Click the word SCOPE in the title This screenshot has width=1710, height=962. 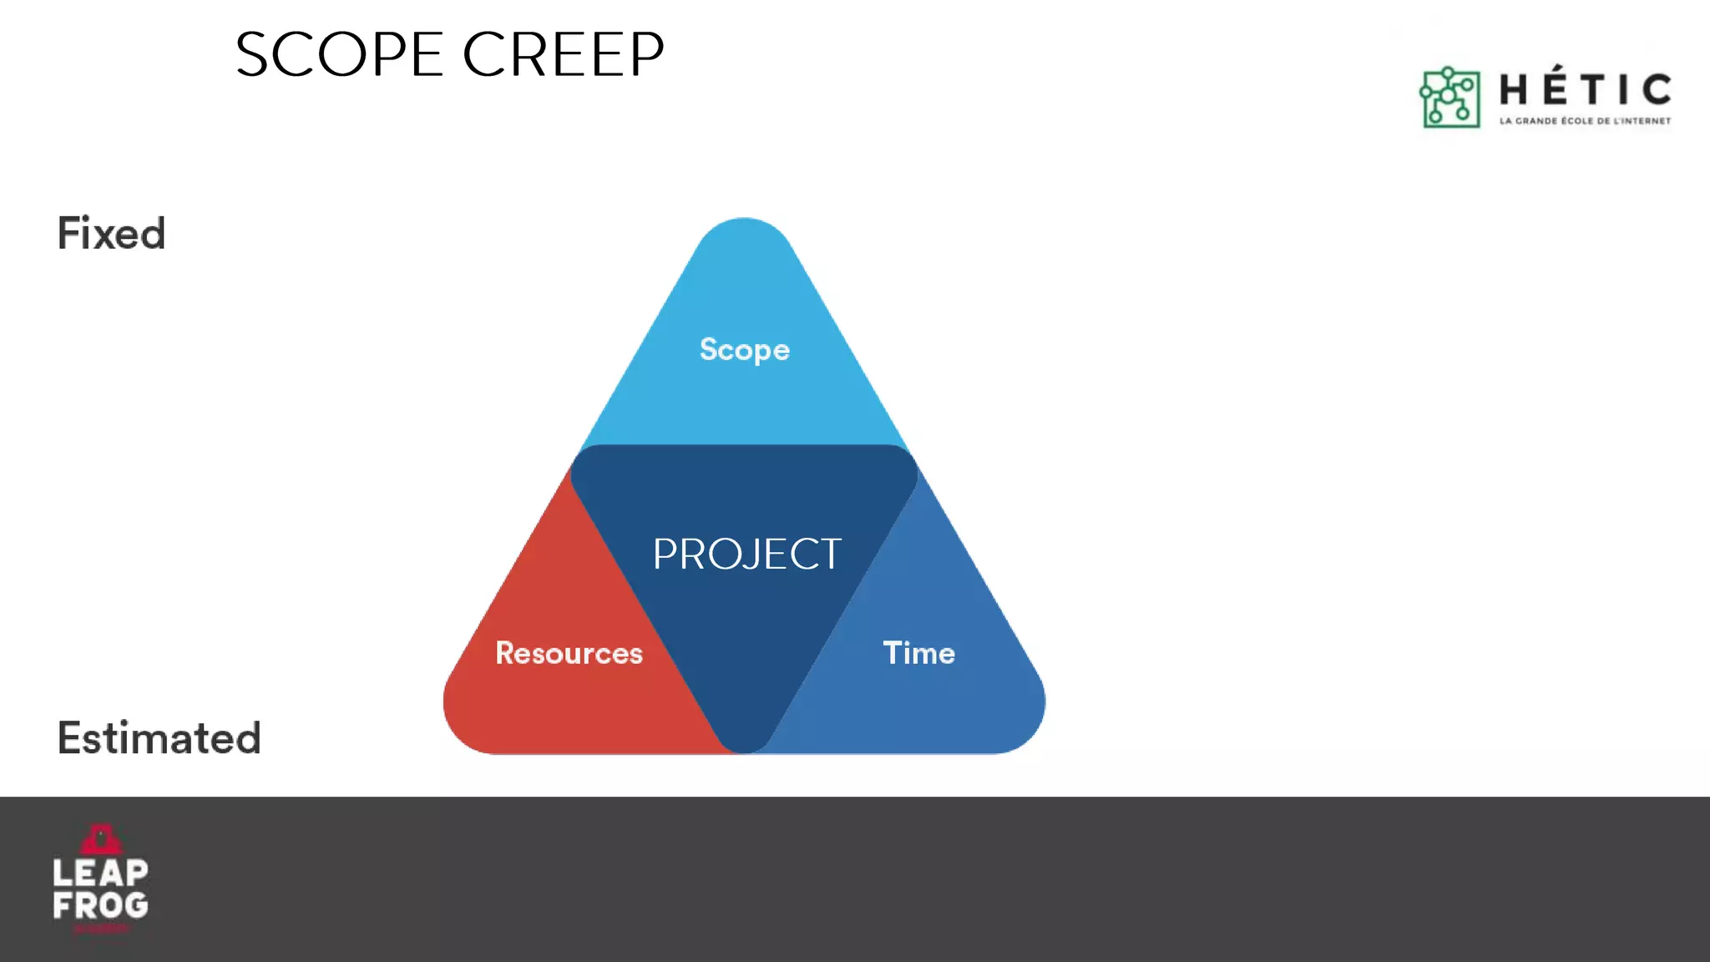point(339,55)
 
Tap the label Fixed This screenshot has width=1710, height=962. point(111,233)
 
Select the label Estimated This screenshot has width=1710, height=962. point(159,738)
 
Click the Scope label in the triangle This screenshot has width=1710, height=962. point(744,350)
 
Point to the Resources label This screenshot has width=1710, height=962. point(569,653)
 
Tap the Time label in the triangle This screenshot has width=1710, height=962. point(918,653)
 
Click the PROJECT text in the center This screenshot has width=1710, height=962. point(746,554)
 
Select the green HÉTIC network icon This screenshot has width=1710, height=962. point(1450,98)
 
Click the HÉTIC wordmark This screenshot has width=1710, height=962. point(1585,89)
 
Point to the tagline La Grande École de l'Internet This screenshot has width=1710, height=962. point(1585,121)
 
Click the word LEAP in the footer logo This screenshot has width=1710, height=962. point(100,873)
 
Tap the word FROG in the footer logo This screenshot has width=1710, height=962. point(100,905)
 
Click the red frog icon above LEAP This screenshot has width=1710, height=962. point(101,838)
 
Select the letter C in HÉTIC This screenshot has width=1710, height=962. point(1656,89)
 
